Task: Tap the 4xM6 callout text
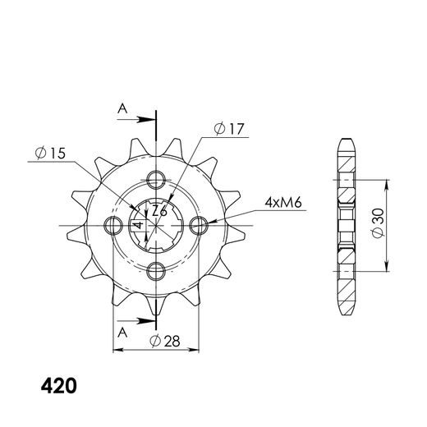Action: point(282,201)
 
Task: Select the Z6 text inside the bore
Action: point(162,212)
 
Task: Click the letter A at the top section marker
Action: point(122,108)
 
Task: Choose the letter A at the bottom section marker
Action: point(122,333)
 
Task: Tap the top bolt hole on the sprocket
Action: point(156,179)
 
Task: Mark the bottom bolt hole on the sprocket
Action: point(156,271)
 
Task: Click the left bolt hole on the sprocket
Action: point(111,225)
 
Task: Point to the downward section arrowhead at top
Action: point(156,123)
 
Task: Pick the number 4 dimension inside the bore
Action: point(139,224)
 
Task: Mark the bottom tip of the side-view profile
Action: point(345,313)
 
